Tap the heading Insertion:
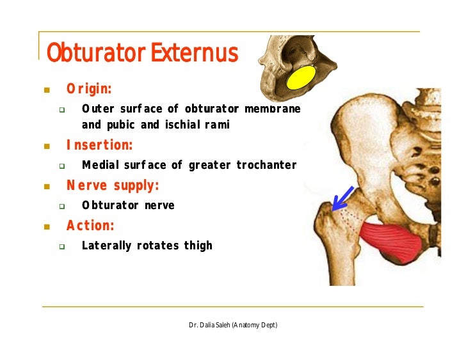tap(99, 146)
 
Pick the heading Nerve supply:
tap(113, 186)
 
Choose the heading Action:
tap(90, 226)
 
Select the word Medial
tap(100, 166)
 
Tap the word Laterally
tap(107, 246)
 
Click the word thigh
tap(198, 246)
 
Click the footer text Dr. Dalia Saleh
tap(209, 325)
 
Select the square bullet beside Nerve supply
tap(46, 187)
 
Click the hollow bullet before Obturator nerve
tap(62, 206)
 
